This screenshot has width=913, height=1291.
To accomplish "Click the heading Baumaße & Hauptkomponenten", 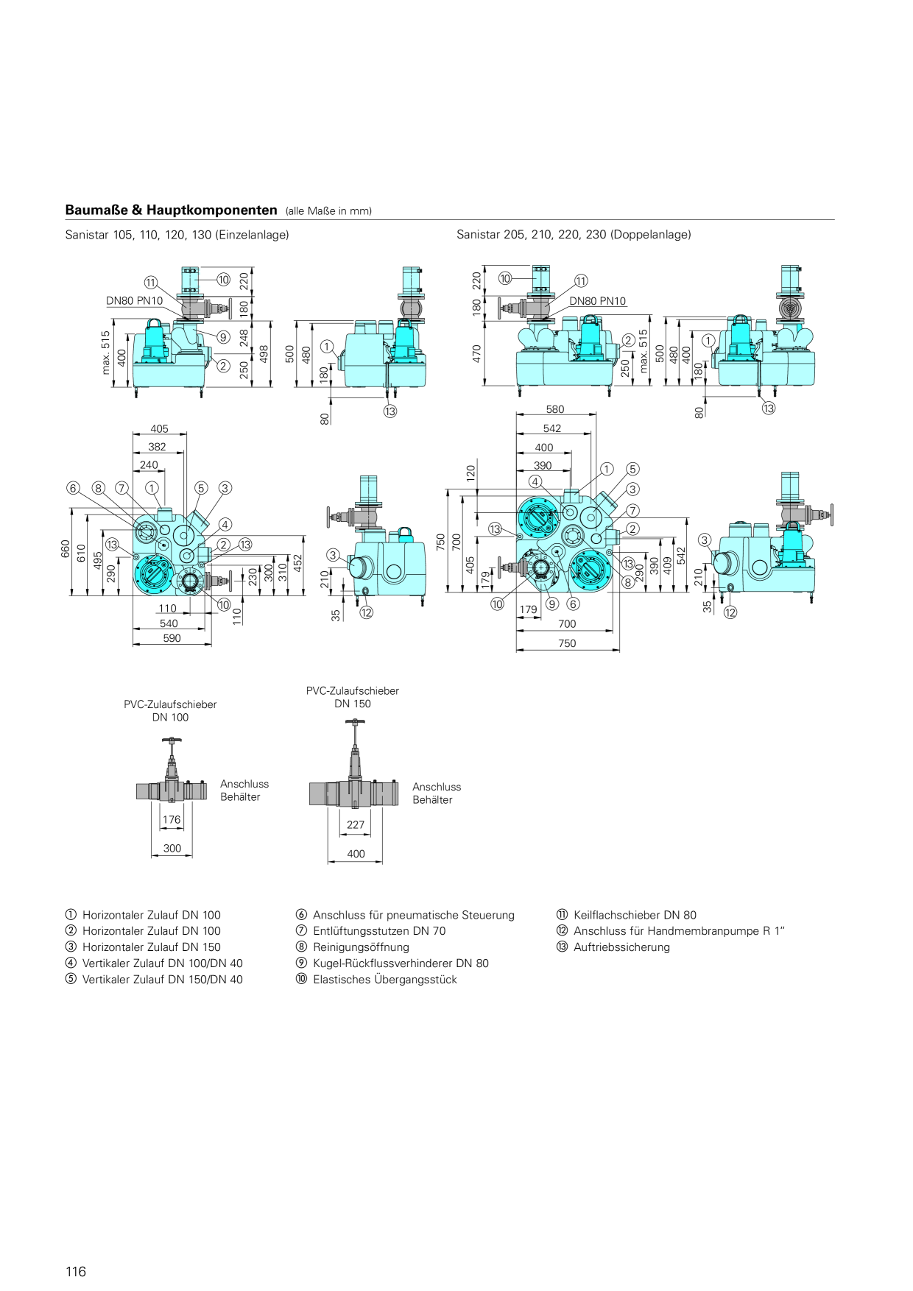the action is [x=171, y=210].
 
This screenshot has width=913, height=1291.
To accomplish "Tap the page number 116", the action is [x=76, y=1271].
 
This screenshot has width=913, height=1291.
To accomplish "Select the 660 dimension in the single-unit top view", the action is [x=65, y=549].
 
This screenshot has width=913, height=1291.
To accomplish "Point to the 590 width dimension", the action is [x=172, y=638].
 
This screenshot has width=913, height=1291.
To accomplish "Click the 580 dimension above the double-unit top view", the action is [x=555, y=409].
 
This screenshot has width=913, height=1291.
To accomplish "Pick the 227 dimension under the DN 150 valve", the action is [x=356, y=825].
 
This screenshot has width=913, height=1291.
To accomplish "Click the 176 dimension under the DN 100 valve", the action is [x=172, y=819].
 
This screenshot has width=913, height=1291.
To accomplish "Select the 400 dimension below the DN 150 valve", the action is [x=356, y=854].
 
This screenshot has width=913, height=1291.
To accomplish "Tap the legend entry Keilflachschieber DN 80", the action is [x=627, y=915].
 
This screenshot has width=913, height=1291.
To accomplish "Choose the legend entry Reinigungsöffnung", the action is [x=353, y=947].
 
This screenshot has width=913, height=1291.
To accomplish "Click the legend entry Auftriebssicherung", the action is [x=613, y=947].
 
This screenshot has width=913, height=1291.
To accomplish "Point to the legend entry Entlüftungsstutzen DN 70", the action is [x=371, y=931].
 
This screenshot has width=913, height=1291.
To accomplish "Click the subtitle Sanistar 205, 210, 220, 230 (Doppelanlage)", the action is [x=574, y=235].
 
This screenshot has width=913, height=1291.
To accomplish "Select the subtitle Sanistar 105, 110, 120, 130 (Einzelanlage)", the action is [x=177, y=235].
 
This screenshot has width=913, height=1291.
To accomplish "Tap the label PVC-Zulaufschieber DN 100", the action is [x=170, y=711].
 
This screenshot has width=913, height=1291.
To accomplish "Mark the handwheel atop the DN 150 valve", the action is [x=355, y=722].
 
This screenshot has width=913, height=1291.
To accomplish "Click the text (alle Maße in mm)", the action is [x=328, y=211].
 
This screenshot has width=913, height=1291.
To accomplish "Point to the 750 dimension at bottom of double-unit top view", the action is [x=567, y=643].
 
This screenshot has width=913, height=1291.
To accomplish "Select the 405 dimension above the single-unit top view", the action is [x=159, y=428].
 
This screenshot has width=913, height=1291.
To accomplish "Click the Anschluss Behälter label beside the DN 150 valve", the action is [x=437, y=793].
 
